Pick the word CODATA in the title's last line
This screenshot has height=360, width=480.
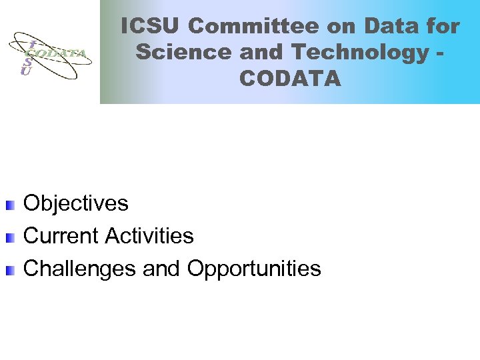pos(290,79)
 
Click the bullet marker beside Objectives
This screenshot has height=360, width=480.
pos(9,204)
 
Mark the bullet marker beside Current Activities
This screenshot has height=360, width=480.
pos(9,237)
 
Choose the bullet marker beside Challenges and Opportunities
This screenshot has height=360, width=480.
pos(9,270)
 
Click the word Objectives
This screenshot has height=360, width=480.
pos(75,203)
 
